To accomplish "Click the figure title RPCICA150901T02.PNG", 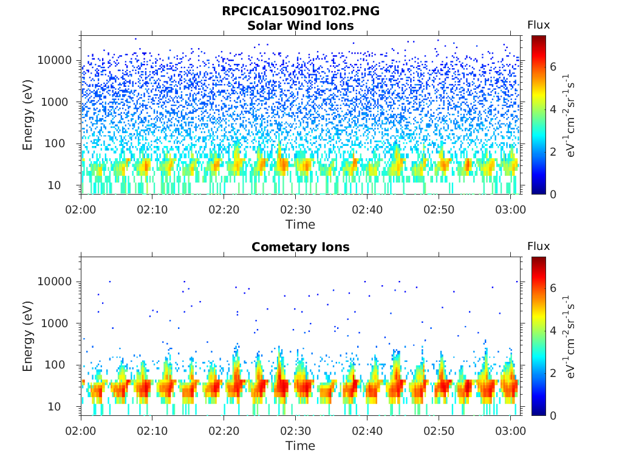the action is pyautogui.click(x=300, y=11).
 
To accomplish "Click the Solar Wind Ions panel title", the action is pyautogui.click(x=300, y=26).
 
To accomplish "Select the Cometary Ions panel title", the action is pyautogui.click(x=300, y=247).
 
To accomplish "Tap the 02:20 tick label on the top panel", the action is pyautogui.click(x=224, y=210).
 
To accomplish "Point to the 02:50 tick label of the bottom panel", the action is pyautogui.click(x=439, y=431).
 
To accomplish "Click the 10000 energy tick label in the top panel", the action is pyautogui.click(x=55, y=60).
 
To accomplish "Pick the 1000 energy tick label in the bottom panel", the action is pyautogui.click(x=58, y=323).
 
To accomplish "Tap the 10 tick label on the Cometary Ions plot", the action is pyautogui.click(x=54, y=407).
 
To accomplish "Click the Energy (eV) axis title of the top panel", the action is pyautogui.click(x=27, y=115).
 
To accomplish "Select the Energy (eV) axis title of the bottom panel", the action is pyautogui.click(x=27, y=336).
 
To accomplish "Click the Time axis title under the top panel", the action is pyautogui.click(x=300, y=225).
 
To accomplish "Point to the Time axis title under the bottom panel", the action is pyautogui.click(x=300, y=446).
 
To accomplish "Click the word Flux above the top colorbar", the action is pyautogui.click(x=539, y=25).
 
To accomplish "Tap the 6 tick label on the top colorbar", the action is pyautogui.click(x=553, y=67).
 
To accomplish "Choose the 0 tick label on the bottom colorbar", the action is pyautogui.click(x=553, y=416).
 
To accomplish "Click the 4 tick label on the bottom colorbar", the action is pyautogui.click(x=553, y=330).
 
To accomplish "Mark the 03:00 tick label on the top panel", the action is pyautogui.click(x=510, y=210).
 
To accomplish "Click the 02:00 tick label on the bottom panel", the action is pyautogui.click(x=81, y=431).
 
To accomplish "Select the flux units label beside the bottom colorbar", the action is pyautogui.click(x=569, y=337).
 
